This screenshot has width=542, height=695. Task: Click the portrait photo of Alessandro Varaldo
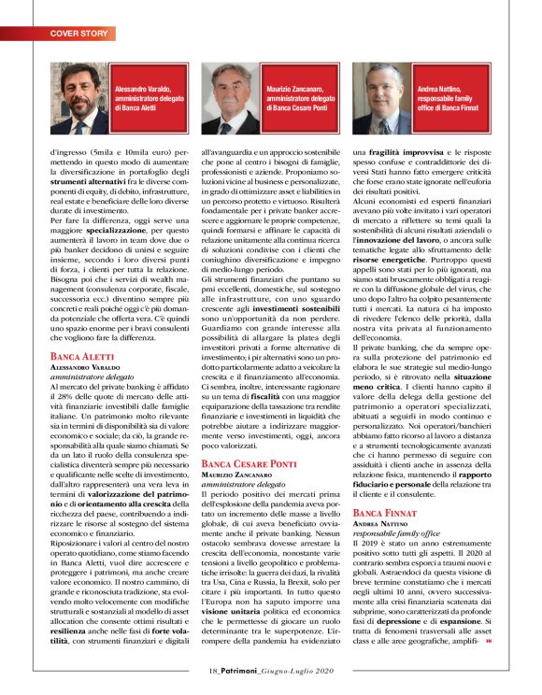pos(79,99)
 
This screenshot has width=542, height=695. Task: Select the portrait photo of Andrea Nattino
pos(383,99)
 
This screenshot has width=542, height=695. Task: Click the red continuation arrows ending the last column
pos(489,638)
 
